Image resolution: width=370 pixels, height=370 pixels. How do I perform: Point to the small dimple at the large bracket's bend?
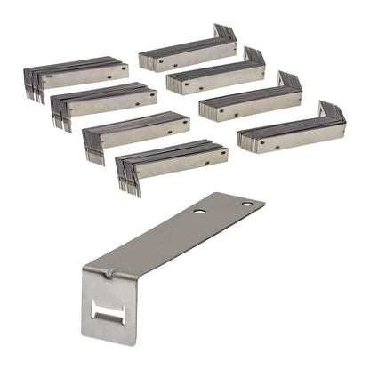(x=108, y=275)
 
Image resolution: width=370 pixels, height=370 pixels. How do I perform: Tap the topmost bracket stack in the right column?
(x=187, y=52)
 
